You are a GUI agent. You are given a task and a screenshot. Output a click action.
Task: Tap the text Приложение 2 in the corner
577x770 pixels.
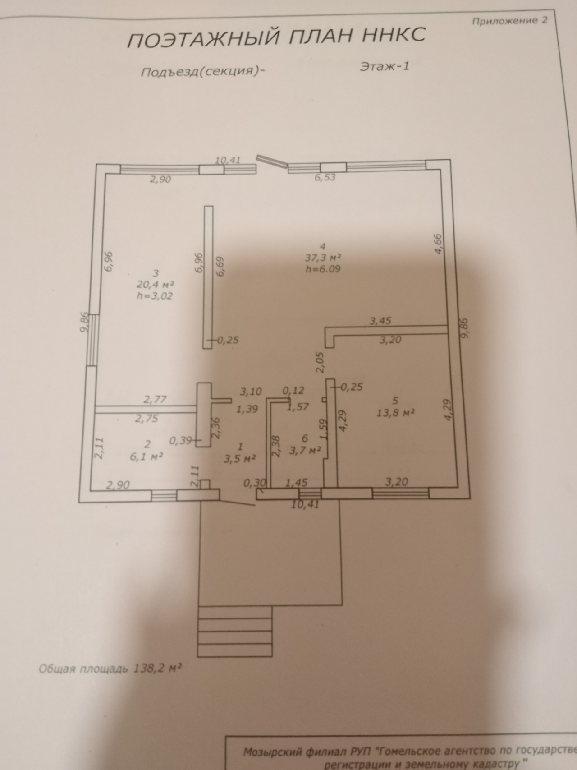509,21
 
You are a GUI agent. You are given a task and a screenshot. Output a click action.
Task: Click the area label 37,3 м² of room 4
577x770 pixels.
322,258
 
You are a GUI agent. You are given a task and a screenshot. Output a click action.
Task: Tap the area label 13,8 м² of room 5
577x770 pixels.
395,412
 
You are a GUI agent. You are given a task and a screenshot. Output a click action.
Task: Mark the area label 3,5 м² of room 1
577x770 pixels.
240,459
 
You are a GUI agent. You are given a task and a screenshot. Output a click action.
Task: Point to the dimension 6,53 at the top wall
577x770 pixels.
325,177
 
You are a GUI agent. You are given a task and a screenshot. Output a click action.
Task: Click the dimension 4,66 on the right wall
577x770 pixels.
440,244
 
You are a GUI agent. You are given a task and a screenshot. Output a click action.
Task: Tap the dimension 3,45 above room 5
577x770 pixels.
380,321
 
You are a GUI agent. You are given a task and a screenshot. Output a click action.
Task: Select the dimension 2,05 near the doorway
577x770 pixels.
321,363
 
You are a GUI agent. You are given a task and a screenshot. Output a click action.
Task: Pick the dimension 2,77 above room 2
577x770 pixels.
155,399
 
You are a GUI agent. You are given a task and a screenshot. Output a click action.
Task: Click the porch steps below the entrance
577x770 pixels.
235,632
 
